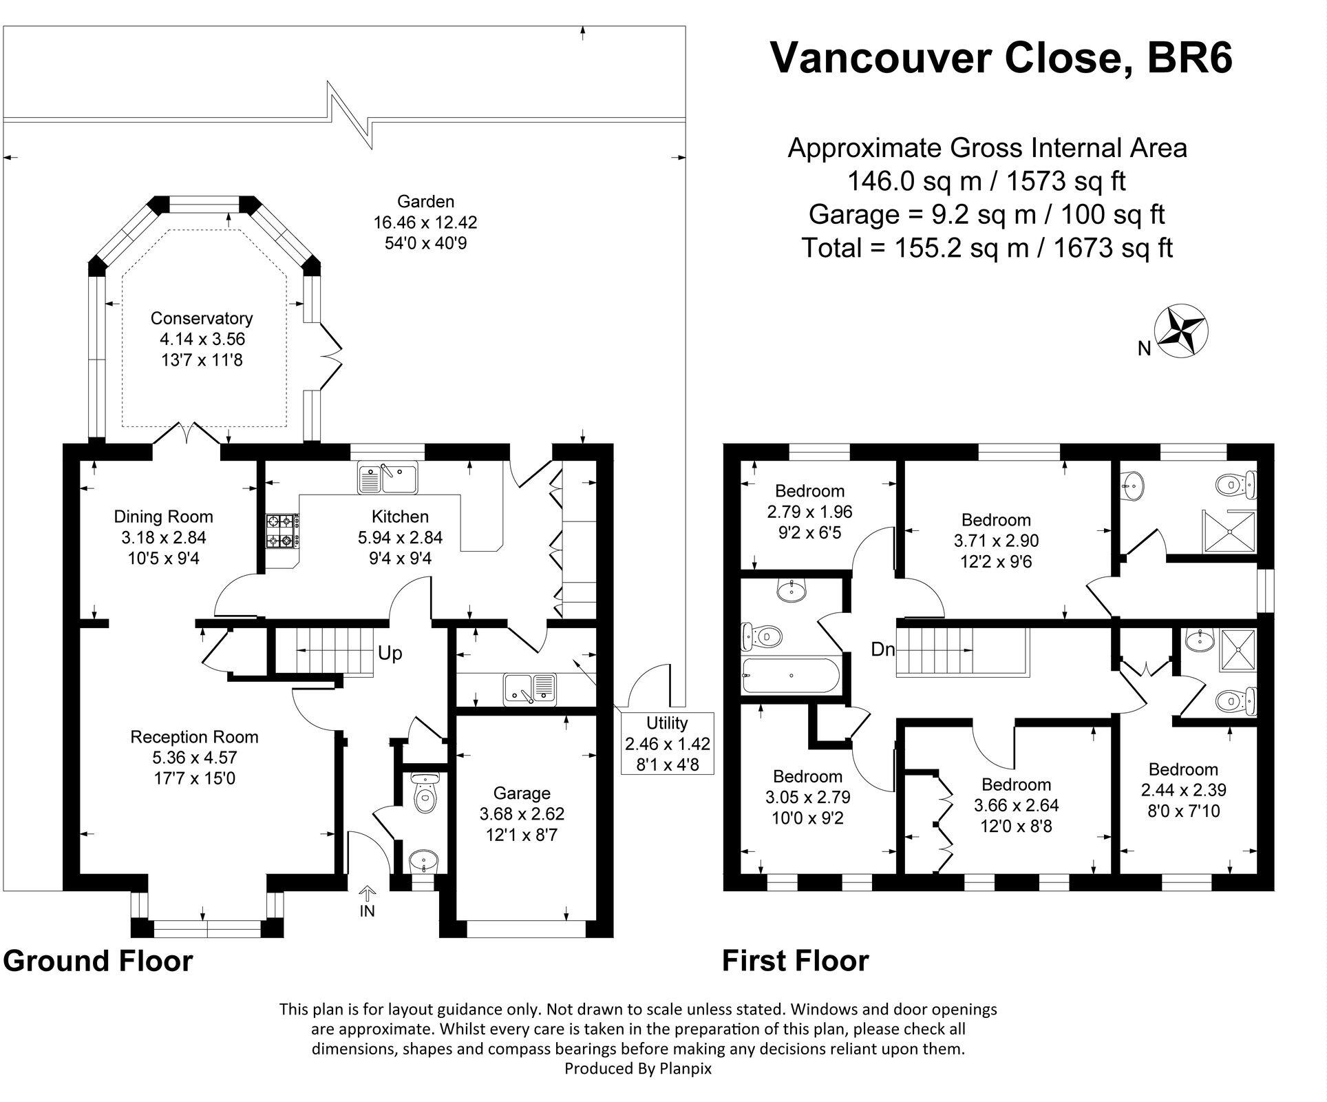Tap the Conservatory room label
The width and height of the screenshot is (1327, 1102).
(x=202, y=318)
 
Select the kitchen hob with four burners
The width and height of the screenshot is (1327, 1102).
(x=282, y=530)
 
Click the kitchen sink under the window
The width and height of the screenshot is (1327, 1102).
(x=388, y=478)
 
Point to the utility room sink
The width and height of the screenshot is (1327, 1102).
(x=530, y=689)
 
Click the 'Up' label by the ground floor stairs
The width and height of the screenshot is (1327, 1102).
(x=390, y=653)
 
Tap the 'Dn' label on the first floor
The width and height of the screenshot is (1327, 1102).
(x=882, y=649)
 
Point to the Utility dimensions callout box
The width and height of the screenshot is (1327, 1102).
(x=667, y=743)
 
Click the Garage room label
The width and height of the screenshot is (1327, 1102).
(x=522, y=793)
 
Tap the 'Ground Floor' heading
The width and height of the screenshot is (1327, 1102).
(x=98, y=960)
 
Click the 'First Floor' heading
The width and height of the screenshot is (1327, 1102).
(x=795, y=960)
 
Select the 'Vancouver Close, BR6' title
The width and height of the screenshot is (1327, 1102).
(x=1001, y=58)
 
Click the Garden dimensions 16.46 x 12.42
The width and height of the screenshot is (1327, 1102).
(x=425, y=222)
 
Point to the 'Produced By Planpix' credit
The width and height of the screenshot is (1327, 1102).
(x=638, y=1068)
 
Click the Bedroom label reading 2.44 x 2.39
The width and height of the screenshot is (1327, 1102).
(x=1183, y=790)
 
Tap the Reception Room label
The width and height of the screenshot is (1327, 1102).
(x=195, y=737)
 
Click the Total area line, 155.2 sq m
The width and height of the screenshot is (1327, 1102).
(x=987, y=248)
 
